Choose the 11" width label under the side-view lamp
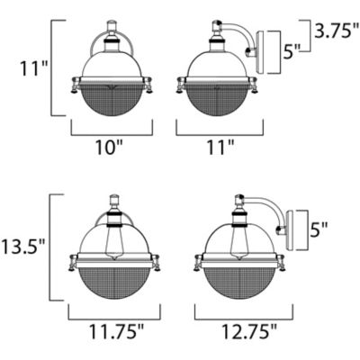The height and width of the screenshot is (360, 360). point(217,147)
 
